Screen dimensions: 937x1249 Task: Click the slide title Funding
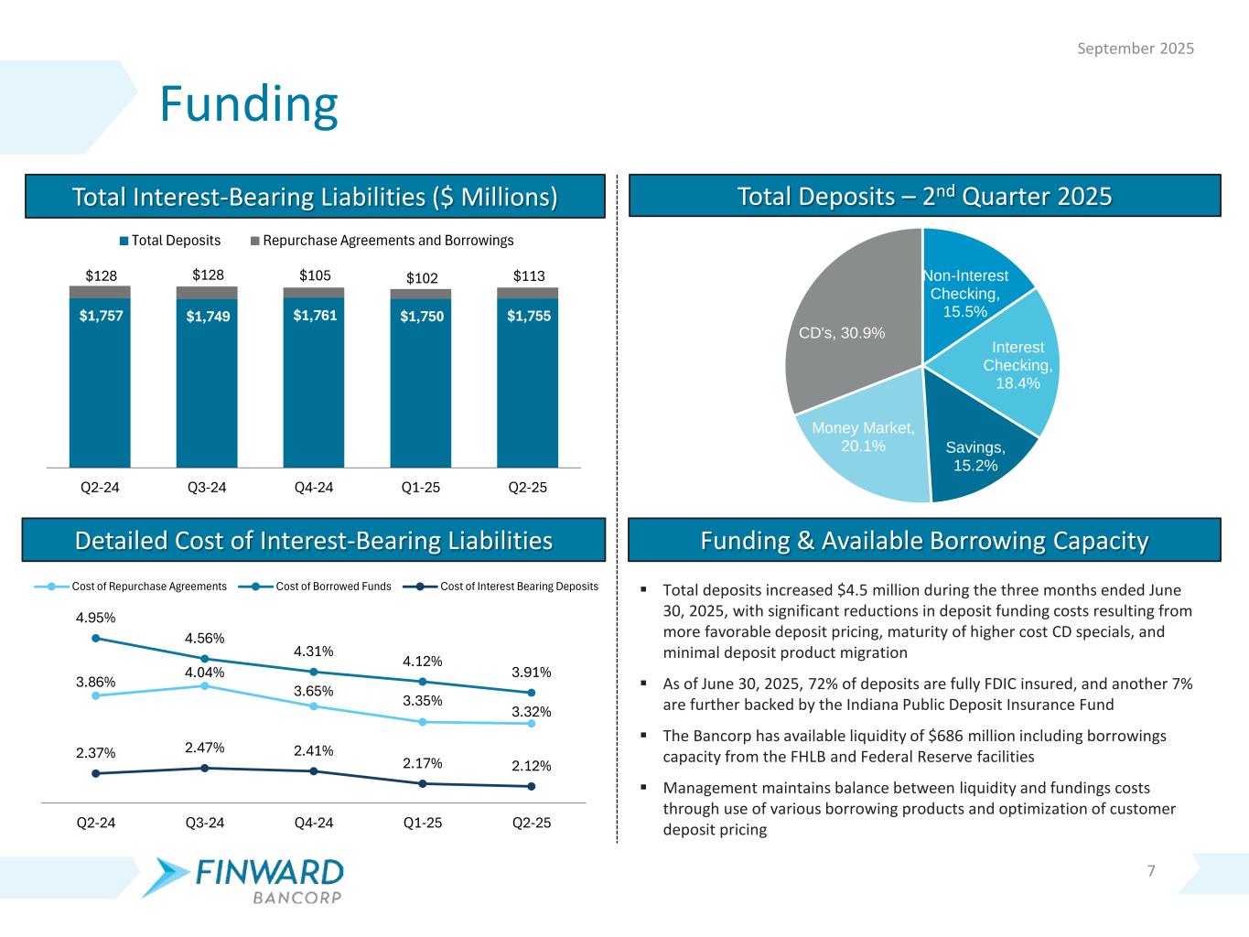pyautogui.click(x=249, y=104)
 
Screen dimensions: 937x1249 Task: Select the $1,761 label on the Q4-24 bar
pyautogui.click(x=315, y=315)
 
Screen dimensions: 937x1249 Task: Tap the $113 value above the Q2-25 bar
pyautogui.click(x=528, y=275)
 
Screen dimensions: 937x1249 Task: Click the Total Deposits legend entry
pyautogui.click(x=170, y=241)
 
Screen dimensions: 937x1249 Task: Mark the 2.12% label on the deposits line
pyautogui.click(x=531, y=766)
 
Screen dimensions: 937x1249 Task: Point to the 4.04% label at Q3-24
pyautogui.click(x=205, y=673)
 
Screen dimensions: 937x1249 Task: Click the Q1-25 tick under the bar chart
pyautogui.click(x=421, y=487)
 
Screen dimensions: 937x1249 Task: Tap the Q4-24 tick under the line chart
pyautogui.click(x=314, y=822)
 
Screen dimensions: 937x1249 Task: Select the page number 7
pyautogui.click(x=1151, y=870)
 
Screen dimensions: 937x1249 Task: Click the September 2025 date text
pyautogui.click(x=1135, y=48)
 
